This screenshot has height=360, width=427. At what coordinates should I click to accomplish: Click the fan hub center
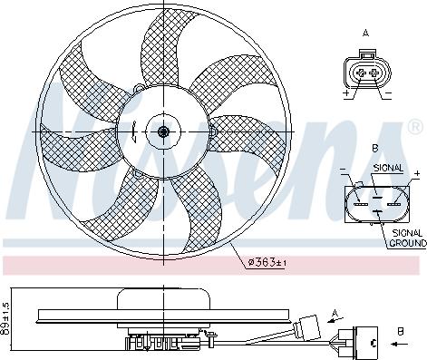[x=163, y=131]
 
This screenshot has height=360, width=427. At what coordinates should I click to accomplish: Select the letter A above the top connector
[x=367, y=34]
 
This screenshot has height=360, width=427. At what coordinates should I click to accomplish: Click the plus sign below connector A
[x=346, y=93]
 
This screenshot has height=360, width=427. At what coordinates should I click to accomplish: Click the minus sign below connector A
[x=387, y=93]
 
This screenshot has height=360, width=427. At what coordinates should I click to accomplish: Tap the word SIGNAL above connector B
[x=387, y=167]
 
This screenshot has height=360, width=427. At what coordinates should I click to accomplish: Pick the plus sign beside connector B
[x=417, y=172]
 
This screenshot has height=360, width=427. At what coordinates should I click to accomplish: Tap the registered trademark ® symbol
[x=415, y=122]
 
